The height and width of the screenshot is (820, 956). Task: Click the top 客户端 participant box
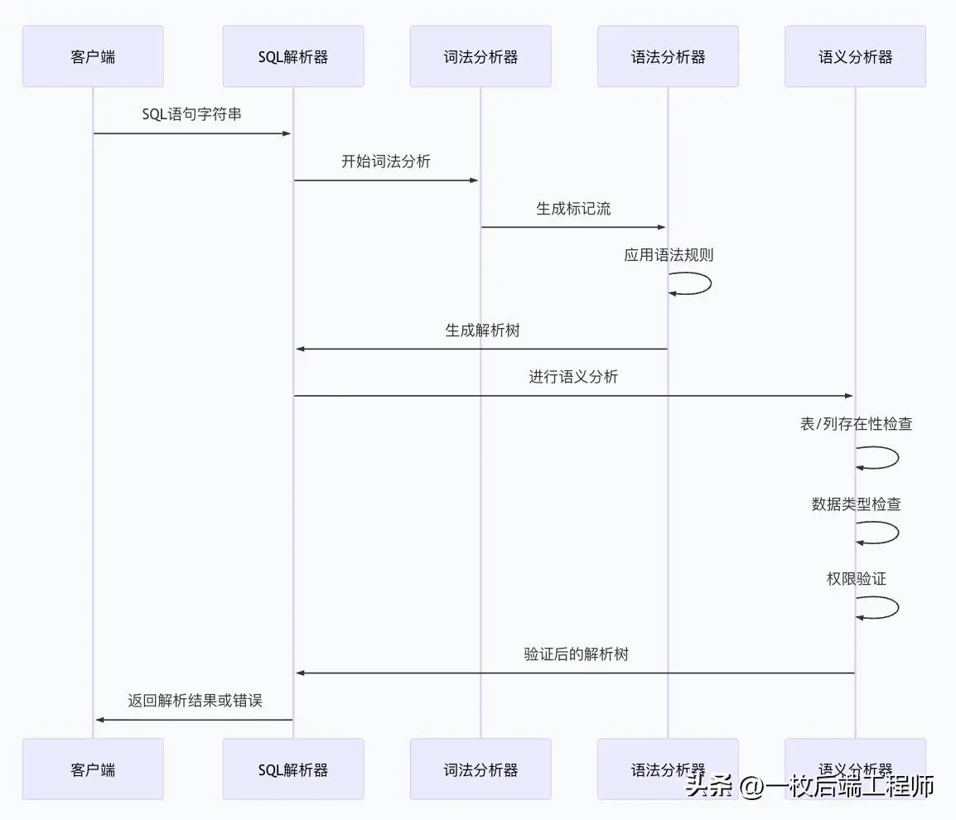[x=93, y=56]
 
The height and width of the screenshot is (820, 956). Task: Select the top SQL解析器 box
[x=293, y=56]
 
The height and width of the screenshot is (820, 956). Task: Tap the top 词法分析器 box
[x=480, y=56]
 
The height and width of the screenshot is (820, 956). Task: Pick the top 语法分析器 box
[x=668, y=56]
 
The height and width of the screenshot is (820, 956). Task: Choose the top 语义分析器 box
[x=855, y=56]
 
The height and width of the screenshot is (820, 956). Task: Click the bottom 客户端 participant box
[x=93, y=769]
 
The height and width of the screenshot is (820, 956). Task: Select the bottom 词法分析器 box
[x=480, y=769]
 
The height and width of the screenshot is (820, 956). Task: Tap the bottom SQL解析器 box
[x=293, y=769]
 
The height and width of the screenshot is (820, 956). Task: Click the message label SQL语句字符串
[x=192, y=114]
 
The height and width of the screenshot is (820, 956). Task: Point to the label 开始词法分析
[x=386, y=162]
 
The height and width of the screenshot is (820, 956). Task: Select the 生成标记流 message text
[x=573, y=209]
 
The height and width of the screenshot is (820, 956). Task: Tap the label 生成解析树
[x=482, y=330]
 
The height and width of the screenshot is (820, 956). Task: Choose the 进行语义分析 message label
[x=573, y=378]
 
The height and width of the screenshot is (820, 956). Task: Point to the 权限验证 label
[x=856, y=579]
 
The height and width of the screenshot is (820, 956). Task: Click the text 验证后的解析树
[x=576, y=654]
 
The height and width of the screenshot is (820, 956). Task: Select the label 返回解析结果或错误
[x=195, y=701]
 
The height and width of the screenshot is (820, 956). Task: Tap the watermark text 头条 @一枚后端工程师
[x=809, y=785]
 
